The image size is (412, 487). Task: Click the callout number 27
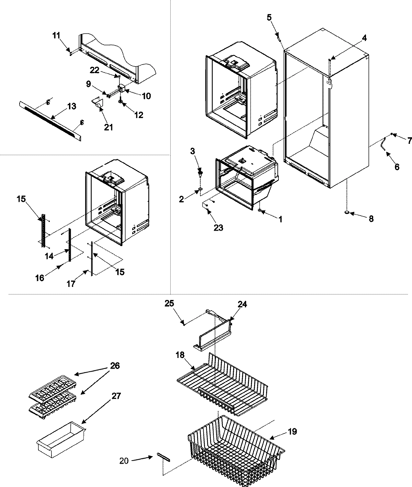click(116, 396)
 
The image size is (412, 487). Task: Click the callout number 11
click(56, 35)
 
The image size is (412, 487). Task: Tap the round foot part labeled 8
click(346, 213)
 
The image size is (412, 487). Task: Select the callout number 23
click(218, 227)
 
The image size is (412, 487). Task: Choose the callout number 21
click(108, 127)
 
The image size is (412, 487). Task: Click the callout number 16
click(40, 278)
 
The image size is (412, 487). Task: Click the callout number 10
click(146, 96)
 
